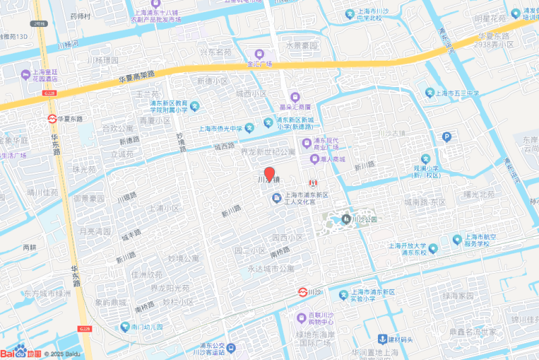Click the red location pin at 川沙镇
point(269,173)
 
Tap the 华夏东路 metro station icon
point(53,119)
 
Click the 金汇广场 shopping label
point(259,63)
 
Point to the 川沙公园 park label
point(364,219)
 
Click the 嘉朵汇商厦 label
point(295,106)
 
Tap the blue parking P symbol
point(445,137)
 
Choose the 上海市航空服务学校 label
point(479,242)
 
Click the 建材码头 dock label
point(400,339)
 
